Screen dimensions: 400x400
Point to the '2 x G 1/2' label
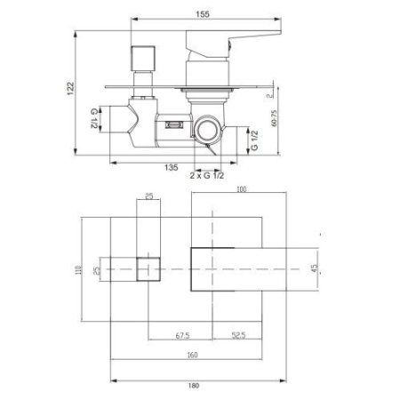[209, 176]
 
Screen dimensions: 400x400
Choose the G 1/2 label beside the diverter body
[93, 119]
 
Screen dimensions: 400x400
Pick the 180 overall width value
[205, 388]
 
